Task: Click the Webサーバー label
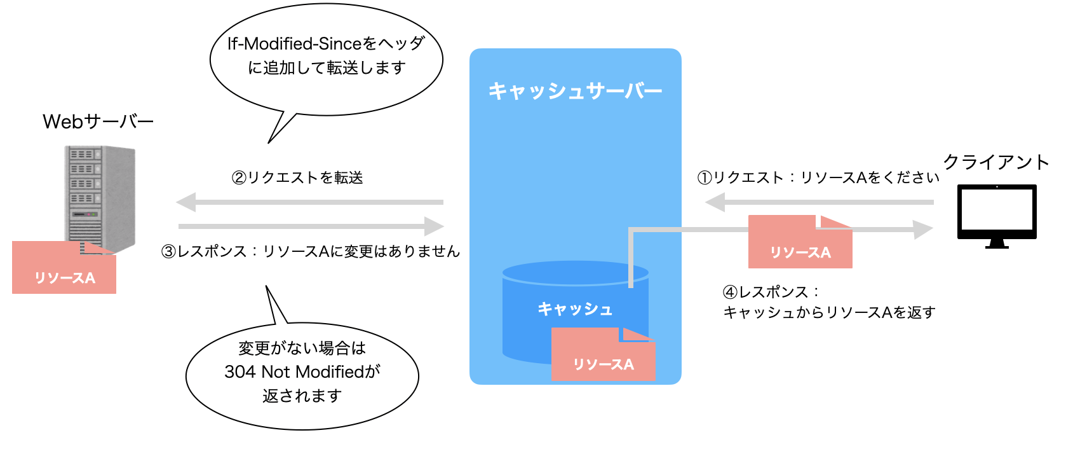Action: [98, 121]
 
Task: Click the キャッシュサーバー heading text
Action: [575, 92]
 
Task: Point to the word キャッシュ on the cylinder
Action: [575, 309]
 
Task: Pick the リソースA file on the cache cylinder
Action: [603, 356]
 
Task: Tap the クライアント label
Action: [995, 163]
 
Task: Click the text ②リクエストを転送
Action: [297, 177]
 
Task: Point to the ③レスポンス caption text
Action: [310, 251]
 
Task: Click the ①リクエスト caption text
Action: [818, 177]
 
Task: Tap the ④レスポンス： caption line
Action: [771, 292]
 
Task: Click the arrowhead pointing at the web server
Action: [186, 202]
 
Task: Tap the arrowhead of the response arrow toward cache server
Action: [434, 226]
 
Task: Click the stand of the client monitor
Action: [997, 244]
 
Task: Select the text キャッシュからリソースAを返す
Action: [829, 312]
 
